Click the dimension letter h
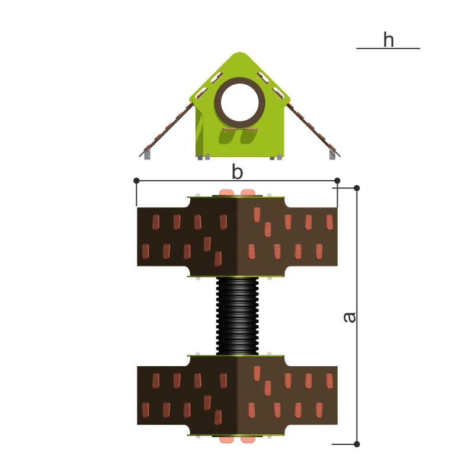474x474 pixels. [389, 40]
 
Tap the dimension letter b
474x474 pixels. [238, 172]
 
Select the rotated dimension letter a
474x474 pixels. [350, 317]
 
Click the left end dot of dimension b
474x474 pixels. [136, 181]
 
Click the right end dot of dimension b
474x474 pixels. [337, 181]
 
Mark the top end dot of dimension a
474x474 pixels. [357, 188]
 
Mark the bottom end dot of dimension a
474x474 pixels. [357, 444]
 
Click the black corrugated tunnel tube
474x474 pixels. [238, 316]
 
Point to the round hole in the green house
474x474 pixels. [240, 102]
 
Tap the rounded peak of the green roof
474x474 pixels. [239, 55]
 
